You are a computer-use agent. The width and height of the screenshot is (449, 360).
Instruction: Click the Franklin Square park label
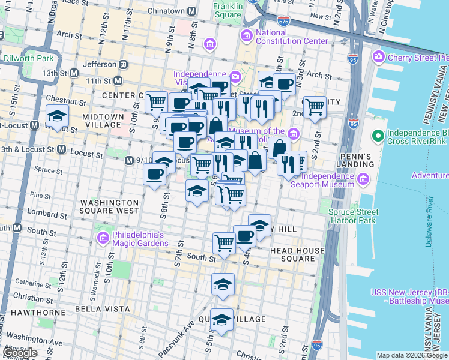click(228, 10)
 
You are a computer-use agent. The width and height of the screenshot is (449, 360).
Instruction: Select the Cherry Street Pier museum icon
click(379, 57)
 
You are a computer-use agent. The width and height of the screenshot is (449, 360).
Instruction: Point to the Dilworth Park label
click(28, 58)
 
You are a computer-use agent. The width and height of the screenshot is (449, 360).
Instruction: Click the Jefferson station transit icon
click(123, 64)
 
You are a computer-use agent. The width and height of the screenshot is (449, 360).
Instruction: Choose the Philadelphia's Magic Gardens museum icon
click(102, 239)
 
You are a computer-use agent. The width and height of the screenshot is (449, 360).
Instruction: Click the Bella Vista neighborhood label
click(102, 308)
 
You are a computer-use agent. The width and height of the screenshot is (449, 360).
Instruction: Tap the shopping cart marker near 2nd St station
click(315, 107)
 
